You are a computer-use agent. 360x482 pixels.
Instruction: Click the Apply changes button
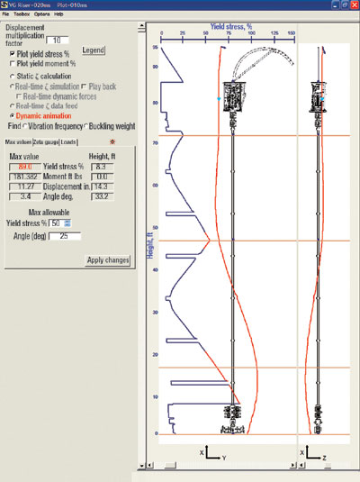(108, 260)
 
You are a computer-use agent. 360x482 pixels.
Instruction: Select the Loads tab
(68, 142)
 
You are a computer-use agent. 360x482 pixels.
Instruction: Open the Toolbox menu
(22, 14)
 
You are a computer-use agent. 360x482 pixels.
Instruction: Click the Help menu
(59, 14)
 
